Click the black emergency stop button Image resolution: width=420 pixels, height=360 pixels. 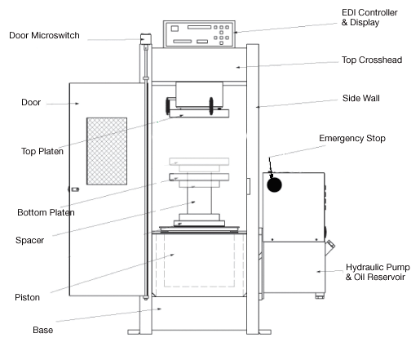coord(274,184)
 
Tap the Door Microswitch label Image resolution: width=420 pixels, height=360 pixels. coord(44,35)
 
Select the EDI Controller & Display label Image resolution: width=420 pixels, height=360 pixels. coord(369,17)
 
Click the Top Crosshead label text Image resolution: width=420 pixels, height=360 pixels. coord(372,60)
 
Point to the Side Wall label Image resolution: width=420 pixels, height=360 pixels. coord(361,98)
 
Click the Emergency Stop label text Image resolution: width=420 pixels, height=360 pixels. coord(352,138)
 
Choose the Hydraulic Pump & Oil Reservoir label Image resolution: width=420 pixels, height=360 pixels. coord(378,272)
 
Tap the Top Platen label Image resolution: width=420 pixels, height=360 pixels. coord(42,151)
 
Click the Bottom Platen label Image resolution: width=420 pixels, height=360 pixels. coord(46,212)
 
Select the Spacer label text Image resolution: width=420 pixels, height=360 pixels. coord(29,240)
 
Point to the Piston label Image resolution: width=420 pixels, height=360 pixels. coord(27,297)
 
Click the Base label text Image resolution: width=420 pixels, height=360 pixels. coord(42,330)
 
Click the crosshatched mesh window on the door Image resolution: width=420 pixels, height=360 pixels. coord(107,151)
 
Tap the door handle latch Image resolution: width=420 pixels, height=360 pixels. coord(74,189)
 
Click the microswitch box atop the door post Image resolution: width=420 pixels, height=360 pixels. coord(146,39)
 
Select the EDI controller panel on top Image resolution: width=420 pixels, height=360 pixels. coord(199,34)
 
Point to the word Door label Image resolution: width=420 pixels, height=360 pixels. coord(31,102)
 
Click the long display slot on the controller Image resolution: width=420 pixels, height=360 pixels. coord(199,27)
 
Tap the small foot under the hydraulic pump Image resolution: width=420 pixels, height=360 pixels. coord(320,296)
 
